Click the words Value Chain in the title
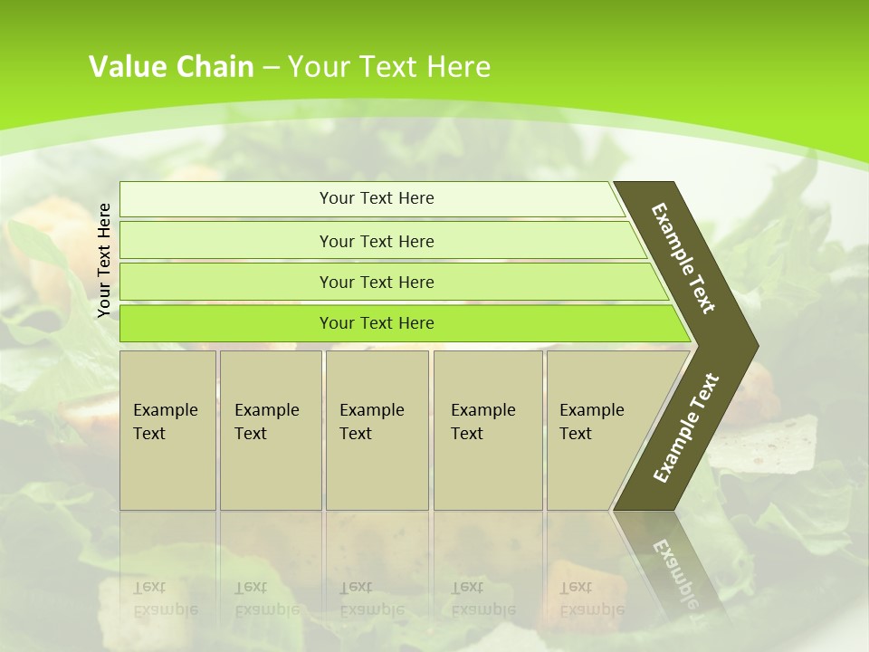pos(171,66)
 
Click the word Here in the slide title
pos(458,66)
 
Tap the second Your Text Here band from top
pos(377,241)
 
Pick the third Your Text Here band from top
pos(377,282)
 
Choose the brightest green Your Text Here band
pos(377,323)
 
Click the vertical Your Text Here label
pos(104,260)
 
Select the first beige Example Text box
pos(167,430)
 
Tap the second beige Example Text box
pos(270,430)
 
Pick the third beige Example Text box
pos(376,430)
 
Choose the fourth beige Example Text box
pos(487,430)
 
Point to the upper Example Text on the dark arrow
pos(683,258)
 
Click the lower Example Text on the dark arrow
pos(686,427)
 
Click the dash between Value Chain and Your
pos(271,67)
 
